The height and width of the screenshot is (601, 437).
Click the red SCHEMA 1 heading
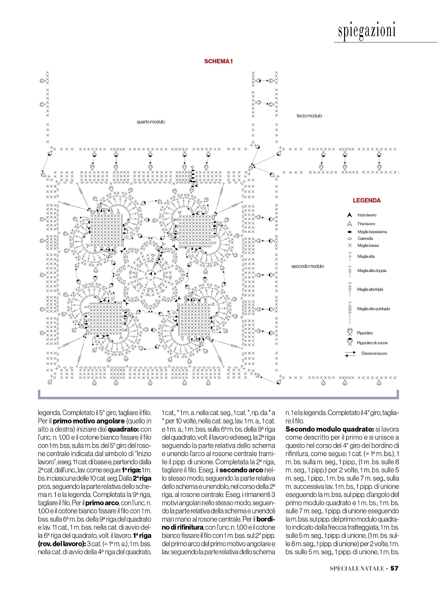[x=218, y=61]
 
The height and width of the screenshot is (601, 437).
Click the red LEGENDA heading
[x=366, y=201]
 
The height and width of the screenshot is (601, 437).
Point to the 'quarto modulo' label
[x=151, y=122]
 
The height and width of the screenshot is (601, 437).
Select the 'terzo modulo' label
[x=309, y=116]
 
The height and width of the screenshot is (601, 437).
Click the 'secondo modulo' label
[x=308, y=266]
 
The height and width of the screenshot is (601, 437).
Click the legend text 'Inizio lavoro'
[x=367, y=215]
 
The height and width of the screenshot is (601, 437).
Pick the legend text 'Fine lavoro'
[x=366, y=224]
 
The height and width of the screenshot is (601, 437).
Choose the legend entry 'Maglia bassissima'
[x=372, y=232]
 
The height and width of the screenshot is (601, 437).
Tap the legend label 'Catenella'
[x=365, y=239]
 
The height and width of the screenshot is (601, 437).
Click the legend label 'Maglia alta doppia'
[x=372, y=271]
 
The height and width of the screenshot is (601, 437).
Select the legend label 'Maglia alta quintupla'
[x=373, y=309]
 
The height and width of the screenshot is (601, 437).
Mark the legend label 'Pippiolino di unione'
[x=372, y=343]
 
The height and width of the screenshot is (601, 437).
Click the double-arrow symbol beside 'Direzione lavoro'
[x=350, y=354]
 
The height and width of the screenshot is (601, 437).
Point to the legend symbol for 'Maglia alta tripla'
[x=350, y=289]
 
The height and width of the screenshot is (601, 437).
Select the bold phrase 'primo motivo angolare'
[x=89, y=421]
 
